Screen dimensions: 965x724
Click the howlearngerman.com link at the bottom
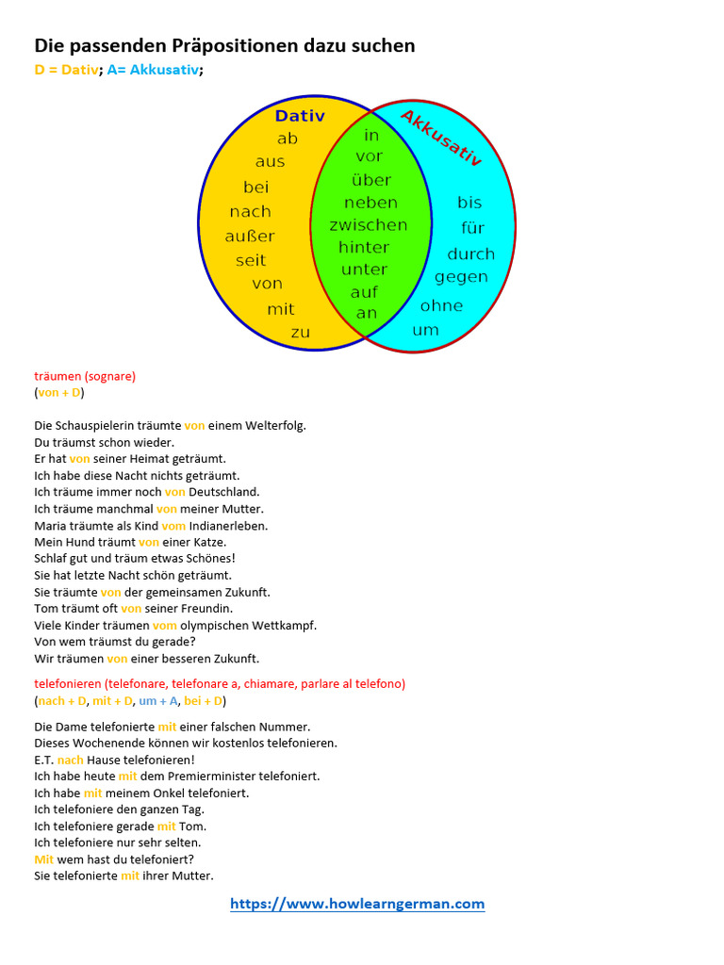pos(357,904)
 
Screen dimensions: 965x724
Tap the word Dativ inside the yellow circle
pos(300,116)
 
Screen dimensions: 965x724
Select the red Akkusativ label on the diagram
pos(441,138)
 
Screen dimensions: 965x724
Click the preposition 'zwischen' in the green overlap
pos(368,224)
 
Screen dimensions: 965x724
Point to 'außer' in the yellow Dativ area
pos(250,236)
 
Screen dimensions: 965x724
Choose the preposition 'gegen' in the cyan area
pos(461,276)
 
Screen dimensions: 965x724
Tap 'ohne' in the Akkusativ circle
pos(441,305)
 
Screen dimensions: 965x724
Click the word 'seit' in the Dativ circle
pos(251,260)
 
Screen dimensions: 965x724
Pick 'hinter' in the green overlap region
pos(364,247)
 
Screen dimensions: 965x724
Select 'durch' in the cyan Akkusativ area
pos(470,254)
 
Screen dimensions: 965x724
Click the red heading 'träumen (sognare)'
pos(85,376)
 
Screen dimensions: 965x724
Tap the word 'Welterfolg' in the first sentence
pos(274,425)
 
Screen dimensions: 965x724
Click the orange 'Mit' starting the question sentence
pos(44,859)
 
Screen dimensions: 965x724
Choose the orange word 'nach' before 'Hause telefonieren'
pos(70,760)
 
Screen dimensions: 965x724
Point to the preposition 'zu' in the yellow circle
pos(300,332)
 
